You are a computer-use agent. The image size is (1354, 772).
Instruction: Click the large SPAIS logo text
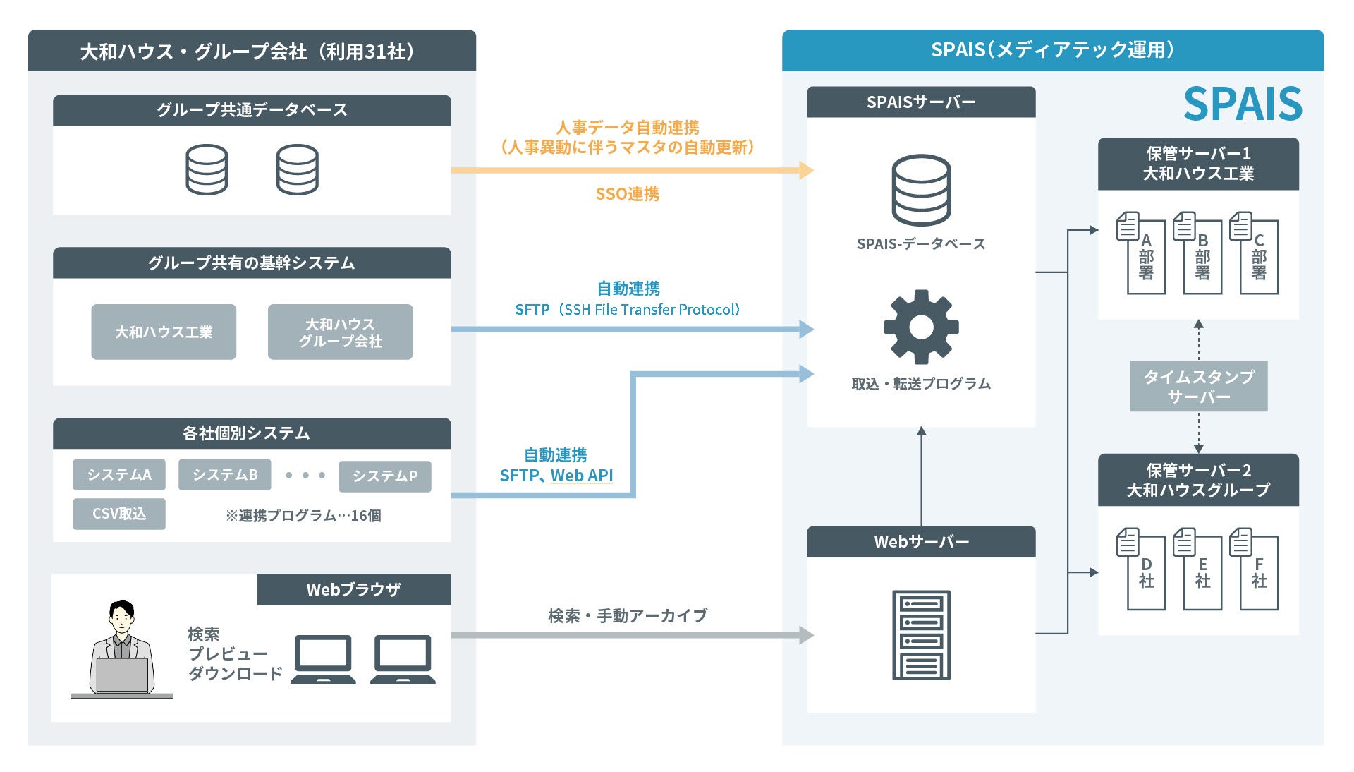[1242, 104]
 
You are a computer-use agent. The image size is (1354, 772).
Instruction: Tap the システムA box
[119, 475]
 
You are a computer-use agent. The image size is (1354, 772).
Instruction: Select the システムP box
[384, 476]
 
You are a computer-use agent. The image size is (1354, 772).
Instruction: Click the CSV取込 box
[119, 514]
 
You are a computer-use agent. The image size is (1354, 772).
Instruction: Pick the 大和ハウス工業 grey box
[164, 332]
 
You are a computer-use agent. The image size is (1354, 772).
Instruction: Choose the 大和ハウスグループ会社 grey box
[340, 332]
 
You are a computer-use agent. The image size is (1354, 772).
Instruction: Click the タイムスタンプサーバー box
[1198, 386]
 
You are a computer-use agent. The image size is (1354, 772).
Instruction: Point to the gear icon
[921, 327]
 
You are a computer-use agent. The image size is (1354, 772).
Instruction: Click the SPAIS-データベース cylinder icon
[921, 190]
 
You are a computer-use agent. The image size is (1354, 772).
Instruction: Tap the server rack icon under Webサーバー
[921, 635]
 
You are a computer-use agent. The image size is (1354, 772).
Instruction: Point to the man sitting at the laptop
[122, 649]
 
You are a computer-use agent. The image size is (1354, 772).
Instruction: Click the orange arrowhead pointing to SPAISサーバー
[806, 170]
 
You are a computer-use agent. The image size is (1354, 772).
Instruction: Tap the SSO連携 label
[627, 194]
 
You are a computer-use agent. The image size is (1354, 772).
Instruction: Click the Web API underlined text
[582, 476]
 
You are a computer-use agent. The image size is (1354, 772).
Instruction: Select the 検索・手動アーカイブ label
[627, 616]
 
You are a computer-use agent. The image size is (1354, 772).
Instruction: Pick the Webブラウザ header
[353, 589]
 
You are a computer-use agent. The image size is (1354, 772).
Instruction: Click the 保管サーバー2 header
[1198, 480]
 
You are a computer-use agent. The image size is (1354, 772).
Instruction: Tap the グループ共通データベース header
[252, 110]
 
